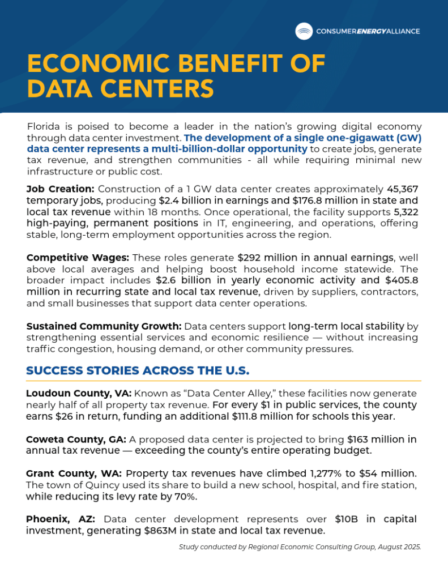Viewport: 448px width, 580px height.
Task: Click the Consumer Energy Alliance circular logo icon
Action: (x=304, y=31)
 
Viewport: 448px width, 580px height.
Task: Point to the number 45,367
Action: (x=402, y=189)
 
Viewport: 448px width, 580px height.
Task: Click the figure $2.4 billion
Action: (x=189, y=200)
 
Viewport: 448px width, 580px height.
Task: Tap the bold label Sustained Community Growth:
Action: (x=104, y=327)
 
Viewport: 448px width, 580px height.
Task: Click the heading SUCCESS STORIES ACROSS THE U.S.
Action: (x=138, y=372)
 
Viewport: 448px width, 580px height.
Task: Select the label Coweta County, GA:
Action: (x=76, y=439)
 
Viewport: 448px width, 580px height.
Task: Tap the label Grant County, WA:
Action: (x=74, y=474)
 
